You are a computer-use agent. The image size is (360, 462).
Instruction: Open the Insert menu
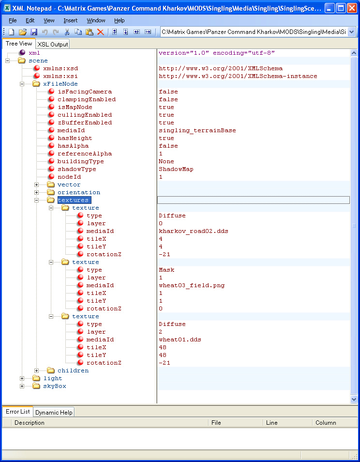pos(70,20)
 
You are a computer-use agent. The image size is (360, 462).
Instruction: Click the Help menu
pos(119,20)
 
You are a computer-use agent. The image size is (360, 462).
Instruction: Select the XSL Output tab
pos(53,44)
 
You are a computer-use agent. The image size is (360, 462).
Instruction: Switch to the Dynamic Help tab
pos(54,412)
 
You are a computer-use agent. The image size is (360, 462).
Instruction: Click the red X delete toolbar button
pos(100,32)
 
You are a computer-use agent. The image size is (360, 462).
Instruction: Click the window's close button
pos(352,8)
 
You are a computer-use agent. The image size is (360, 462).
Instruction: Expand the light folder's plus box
pos(22,378)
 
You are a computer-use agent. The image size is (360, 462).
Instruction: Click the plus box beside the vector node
pos(36,185)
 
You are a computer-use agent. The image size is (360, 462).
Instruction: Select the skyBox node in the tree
pos(55,386)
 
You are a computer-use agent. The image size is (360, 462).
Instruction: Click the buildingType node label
pos(81,161)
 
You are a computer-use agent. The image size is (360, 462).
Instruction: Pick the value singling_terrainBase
pos(197,131)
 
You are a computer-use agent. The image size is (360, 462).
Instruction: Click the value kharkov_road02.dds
pos(194,231)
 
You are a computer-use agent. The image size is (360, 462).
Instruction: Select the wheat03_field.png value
pos(192,285)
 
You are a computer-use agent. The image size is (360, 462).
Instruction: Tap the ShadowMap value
pos(176,169)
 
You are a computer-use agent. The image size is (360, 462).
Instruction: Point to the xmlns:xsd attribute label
pos(60,68)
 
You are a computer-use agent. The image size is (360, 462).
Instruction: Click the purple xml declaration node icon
pos(22,53)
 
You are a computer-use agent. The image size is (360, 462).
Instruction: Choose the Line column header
pos(271,422)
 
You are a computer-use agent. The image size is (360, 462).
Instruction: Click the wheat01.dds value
pos(180,339)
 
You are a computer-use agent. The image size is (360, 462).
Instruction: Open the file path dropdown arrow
pos(352,32)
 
